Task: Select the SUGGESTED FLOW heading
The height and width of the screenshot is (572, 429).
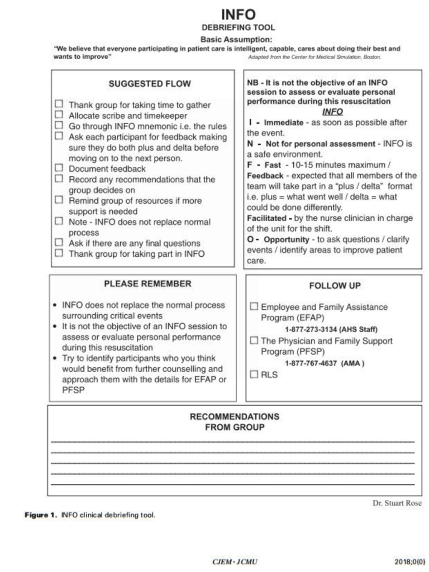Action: pos(149,84)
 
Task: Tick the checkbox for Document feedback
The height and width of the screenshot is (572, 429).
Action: pos(59,167)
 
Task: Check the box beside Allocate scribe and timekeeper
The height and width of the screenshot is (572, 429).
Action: pos(59,115)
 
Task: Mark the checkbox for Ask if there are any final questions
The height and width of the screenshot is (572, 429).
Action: pos(59,242)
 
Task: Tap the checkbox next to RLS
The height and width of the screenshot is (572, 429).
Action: pos(254,374)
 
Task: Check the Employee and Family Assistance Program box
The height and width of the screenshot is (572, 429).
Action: pos(254,306)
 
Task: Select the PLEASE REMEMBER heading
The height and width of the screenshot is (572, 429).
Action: pos(147,283)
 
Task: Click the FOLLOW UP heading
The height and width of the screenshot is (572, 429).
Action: pos(335,286)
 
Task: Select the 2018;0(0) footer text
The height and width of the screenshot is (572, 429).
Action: pos(409,561)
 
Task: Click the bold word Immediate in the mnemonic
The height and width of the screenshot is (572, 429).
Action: pos(284,122)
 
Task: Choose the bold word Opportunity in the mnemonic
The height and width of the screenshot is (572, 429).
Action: pos(287,239)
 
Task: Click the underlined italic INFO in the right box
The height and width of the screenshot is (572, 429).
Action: pos(332,112)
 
